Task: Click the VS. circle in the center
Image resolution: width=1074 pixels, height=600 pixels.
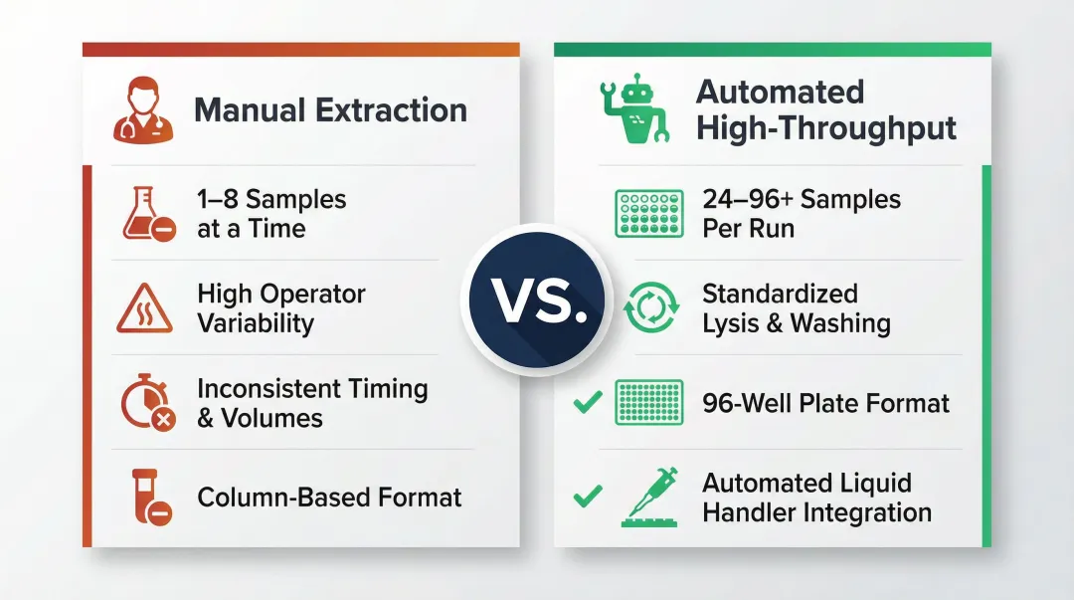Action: click(536, 300)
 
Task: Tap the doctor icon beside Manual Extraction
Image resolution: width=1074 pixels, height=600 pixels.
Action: click(143, 112)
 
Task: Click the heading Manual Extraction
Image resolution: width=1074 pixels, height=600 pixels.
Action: click(330, 110)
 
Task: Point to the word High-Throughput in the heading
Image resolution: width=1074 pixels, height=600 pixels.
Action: click(826, 128)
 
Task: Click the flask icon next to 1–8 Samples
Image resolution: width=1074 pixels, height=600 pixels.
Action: click(147, 213)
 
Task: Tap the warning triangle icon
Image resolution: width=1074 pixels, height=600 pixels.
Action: click(144, 308)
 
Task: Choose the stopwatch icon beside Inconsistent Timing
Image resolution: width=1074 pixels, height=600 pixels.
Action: click(147, 403)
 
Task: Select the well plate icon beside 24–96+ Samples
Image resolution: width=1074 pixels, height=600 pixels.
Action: click(649, 213)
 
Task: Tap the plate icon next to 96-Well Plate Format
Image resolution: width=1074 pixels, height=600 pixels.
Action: click(649, 403)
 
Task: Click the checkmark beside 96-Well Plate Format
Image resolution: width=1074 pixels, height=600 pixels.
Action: click(588, 403)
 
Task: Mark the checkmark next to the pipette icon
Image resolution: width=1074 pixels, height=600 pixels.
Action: click(588, 495)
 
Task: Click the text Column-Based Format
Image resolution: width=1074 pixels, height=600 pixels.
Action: click(329, 497)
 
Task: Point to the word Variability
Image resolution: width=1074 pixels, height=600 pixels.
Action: click(256, 323)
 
